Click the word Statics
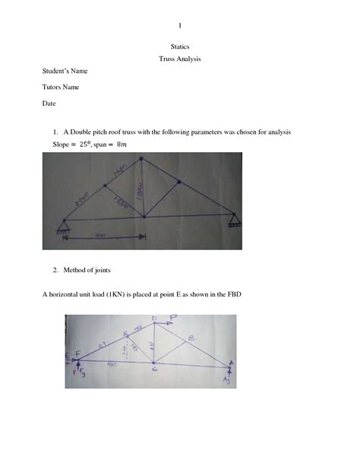tap(179, 47)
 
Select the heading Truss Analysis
tap(179, 59)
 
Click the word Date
tap(49, 103)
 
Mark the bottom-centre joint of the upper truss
tap(141, 218)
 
